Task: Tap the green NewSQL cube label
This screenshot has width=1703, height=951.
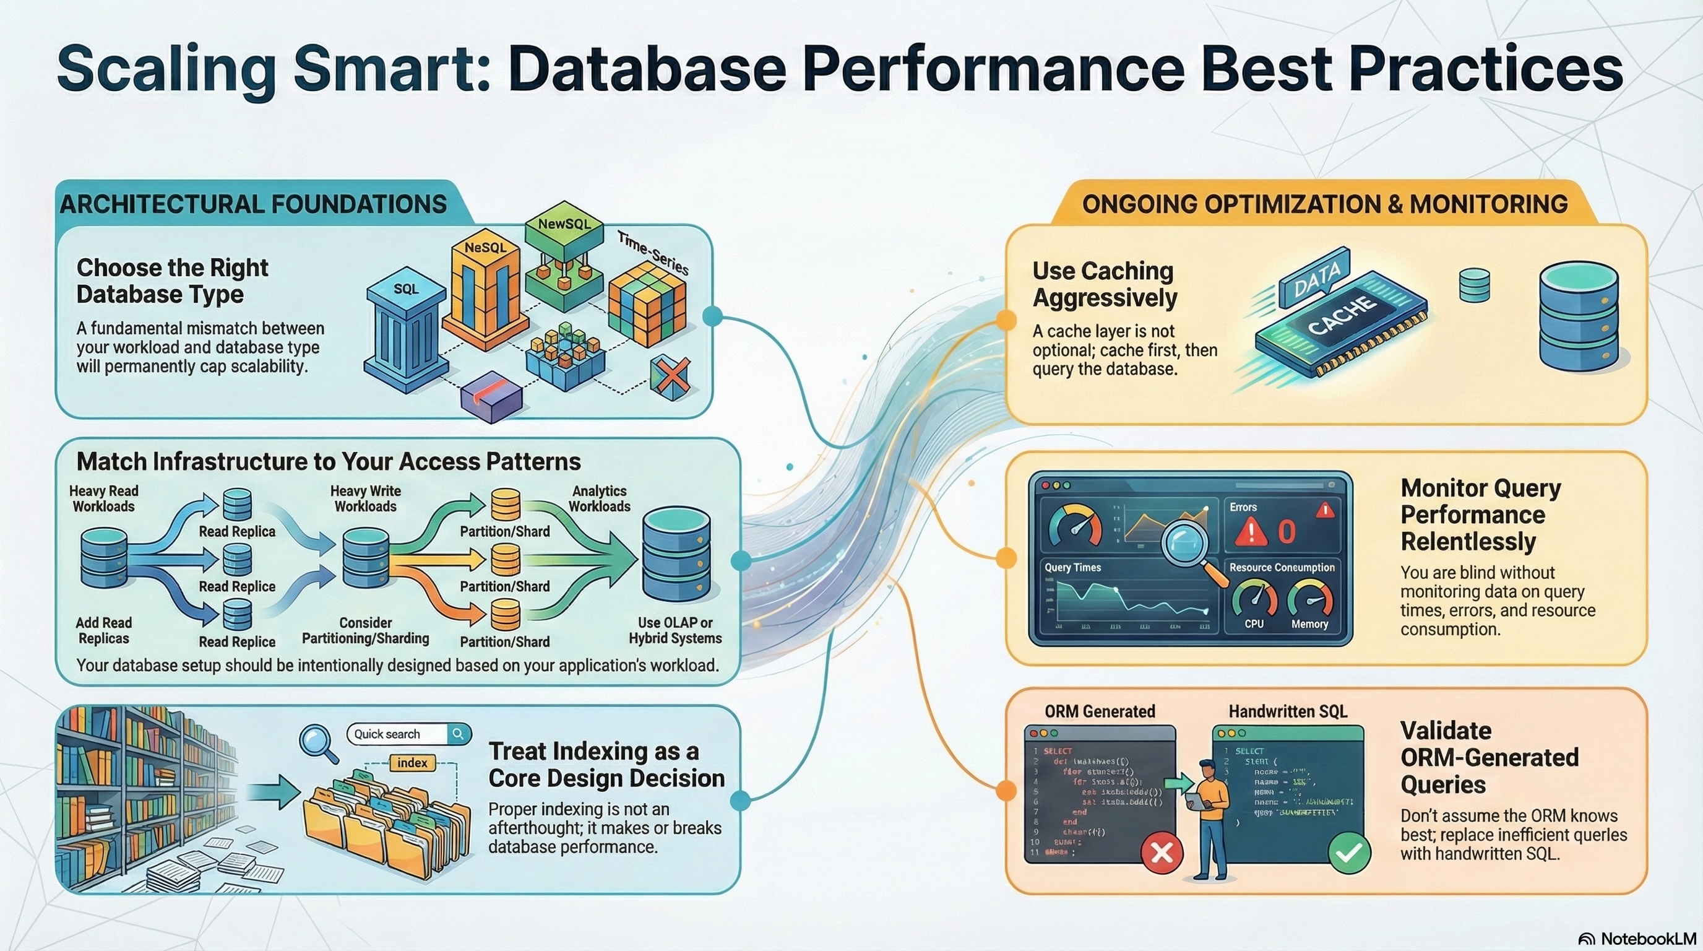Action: pyautogui.click(x=564, y=225)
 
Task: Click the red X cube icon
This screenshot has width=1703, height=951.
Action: pyautogui.click(x=670, y=378)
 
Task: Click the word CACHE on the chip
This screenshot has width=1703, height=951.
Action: pyautogui.click(x=1342, y=316)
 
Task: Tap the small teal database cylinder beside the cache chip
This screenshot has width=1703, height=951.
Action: pyautogui.click(x=1474, y=285)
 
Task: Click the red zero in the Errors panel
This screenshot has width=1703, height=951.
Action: pyautogui.click(x=1286, y=532)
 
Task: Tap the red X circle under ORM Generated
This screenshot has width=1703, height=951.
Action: pyautogui.click(x=1162, y=853)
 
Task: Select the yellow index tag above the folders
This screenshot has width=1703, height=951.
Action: pyautogui.click(x=412, y=763)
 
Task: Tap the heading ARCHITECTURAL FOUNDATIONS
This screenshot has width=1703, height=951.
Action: pyautogui.click(x=253, y=204)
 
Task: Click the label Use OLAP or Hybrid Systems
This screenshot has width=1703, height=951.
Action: pyautogui.click(x=675, y=630)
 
